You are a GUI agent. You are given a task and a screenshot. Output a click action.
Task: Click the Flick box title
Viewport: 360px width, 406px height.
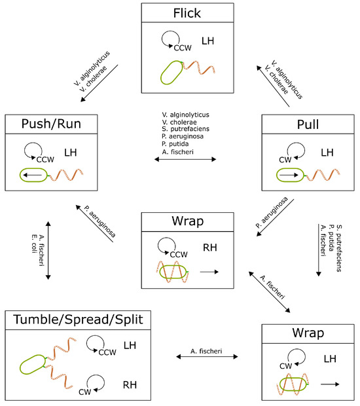[187, 13]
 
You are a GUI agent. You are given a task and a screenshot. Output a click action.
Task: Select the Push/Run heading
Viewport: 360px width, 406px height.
[51, 124]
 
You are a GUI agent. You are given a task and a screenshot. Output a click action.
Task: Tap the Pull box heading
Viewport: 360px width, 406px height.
[307, 124]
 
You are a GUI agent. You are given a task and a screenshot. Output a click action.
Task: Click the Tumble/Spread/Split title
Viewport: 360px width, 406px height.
[78, 320]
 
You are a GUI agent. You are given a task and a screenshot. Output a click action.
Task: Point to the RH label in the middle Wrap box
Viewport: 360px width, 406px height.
[211, 247]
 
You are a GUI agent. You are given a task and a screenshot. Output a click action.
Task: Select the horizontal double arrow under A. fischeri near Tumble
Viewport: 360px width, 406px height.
[207, 358]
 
